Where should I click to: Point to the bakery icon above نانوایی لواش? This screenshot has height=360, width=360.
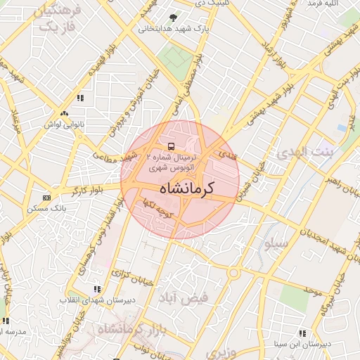[65, 113]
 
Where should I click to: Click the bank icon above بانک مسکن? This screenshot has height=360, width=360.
[46, 198]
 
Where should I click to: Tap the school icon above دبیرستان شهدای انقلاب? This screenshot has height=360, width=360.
[97, 288]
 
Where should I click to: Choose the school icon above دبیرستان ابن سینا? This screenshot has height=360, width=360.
[302, 333]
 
